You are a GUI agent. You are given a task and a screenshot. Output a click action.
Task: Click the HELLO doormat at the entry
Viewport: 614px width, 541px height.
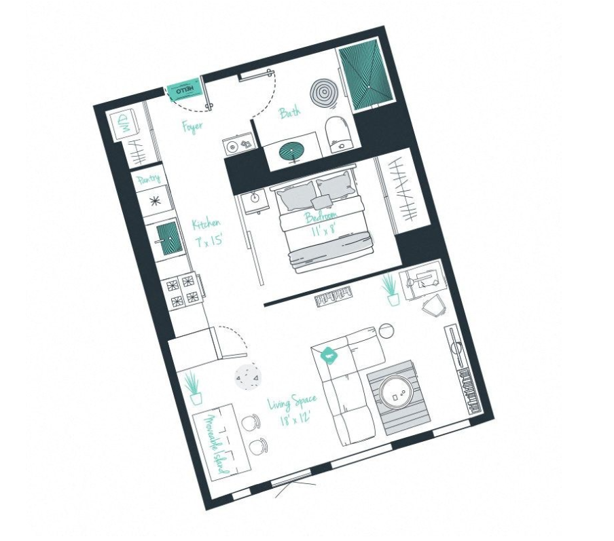pos(185,90)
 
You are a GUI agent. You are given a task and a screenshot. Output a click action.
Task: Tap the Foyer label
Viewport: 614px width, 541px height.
pos(192,126)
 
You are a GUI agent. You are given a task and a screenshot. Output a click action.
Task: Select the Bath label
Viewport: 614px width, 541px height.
pos(290,113)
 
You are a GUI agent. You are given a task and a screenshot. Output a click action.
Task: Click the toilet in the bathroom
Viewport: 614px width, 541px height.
pos(338,134)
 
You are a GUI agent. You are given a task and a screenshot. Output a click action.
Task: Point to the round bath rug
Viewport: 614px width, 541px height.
pos(324,92)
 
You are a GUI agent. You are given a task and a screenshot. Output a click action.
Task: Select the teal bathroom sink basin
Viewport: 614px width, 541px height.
pos(293,150)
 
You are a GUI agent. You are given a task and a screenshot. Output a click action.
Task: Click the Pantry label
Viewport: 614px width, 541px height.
pos(148,179)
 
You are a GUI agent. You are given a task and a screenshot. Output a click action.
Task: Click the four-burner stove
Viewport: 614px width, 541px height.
pos(183,290)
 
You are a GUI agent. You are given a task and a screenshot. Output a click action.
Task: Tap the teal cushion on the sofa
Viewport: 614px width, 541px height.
pos(330,354)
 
